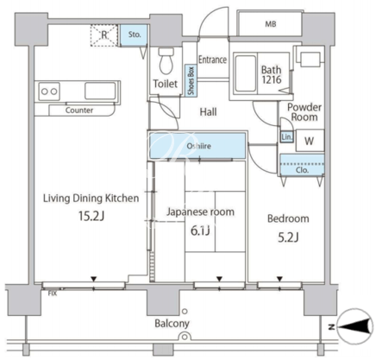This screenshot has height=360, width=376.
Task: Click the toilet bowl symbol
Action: (166, 60)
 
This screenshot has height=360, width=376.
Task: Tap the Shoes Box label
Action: (191, 80)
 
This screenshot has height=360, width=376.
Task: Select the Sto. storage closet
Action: (134, 35)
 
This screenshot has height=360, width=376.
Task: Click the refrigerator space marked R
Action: (104, 35)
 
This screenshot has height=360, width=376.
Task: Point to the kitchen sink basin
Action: (100, 92)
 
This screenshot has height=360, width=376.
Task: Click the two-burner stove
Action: (49, 92)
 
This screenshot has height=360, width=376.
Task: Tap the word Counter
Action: (79, 111)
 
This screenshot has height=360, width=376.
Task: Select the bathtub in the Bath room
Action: (246, 73)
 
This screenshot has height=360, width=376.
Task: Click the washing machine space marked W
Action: (310, 141)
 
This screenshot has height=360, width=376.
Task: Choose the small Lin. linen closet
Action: (286, 137)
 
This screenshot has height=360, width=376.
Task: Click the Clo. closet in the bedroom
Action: (302, 164)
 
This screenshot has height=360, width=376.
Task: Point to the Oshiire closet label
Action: (199, 146)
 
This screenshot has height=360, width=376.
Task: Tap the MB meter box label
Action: (271, 24)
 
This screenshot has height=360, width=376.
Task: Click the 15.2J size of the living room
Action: (91, 216)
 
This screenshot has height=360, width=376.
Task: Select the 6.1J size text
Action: (200, 231)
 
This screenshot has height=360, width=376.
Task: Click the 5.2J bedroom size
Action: (289, 237)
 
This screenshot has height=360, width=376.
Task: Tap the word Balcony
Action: (172, 324)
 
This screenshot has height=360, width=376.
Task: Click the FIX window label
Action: (53, 294)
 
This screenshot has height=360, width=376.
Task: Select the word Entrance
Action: (213, 60)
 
